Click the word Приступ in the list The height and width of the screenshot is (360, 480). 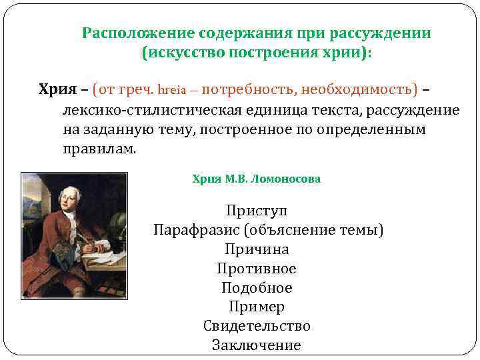coord(257,211)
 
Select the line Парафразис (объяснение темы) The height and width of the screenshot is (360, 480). coord(268,231)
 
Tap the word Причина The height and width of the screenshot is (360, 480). coord(257,249)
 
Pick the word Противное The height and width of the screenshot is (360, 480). coord(257,269)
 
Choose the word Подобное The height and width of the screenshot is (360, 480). coord(257,288)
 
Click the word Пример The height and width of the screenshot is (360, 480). coord(257,307)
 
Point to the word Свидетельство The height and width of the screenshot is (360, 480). coord(257,326)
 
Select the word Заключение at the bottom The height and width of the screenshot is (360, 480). coord(257,345)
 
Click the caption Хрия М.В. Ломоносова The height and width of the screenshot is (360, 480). coord(256,179)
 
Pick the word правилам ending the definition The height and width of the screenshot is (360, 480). coord(99,147)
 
